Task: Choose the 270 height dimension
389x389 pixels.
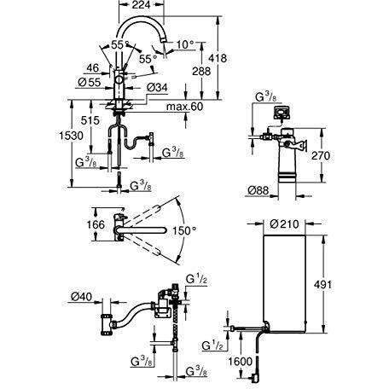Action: [344, 157]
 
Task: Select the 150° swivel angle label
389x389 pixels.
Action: [184, 230]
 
